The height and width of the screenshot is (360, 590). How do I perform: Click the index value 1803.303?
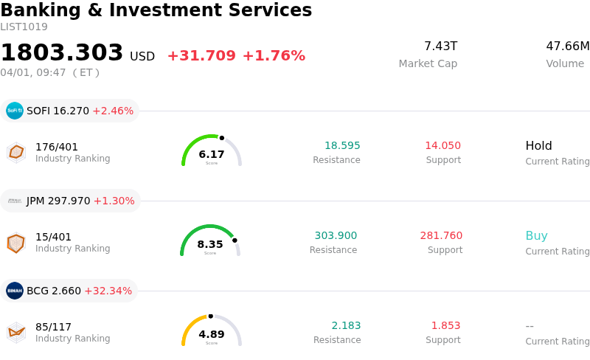(x=62, y=53)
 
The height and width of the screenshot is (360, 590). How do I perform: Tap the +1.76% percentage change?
(x=274, y=56)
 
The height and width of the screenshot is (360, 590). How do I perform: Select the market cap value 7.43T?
(x=440, y=46)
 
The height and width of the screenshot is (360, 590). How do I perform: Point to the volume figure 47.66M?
(x=567, y=46)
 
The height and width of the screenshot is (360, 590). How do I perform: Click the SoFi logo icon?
(x=15, y=111)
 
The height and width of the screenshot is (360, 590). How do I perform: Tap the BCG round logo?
(x=15, y=291)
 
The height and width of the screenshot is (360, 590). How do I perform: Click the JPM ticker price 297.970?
(x=69, y=201)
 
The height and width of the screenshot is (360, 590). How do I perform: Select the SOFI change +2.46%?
(x=113, y=111)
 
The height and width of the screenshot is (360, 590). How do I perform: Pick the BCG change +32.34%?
(x=109, y=291)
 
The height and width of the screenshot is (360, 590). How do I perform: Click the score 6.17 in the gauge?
(x=212, y=154)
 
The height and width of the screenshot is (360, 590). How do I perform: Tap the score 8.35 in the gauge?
(x=210, y=244)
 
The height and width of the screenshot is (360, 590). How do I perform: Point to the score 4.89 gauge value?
(x=212, y=334)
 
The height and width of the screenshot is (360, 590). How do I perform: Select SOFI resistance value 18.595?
(x=342, y=145)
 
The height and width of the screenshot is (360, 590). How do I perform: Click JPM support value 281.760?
(x=441, y=235)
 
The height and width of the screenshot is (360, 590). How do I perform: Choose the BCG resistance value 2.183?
(x=346, y=325)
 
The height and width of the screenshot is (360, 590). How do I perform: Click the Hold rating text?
(x=538, y=145)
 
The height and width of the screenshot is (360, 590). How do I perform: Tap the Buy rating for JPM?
(x=536, y=236)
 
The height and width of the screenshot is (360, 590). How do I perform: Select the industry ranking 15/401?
(x=54, y=237)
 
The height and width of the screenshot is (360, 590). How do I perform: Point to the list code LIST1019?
(x=24, y=27)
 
